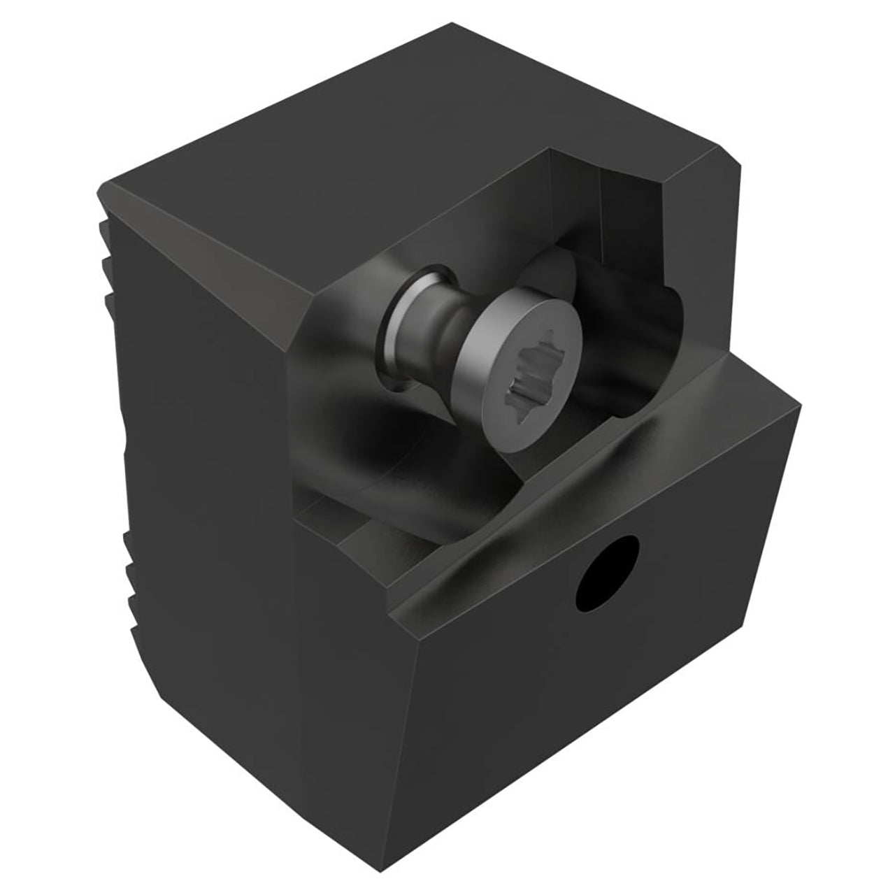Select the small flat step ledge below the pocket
(329, 517)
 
